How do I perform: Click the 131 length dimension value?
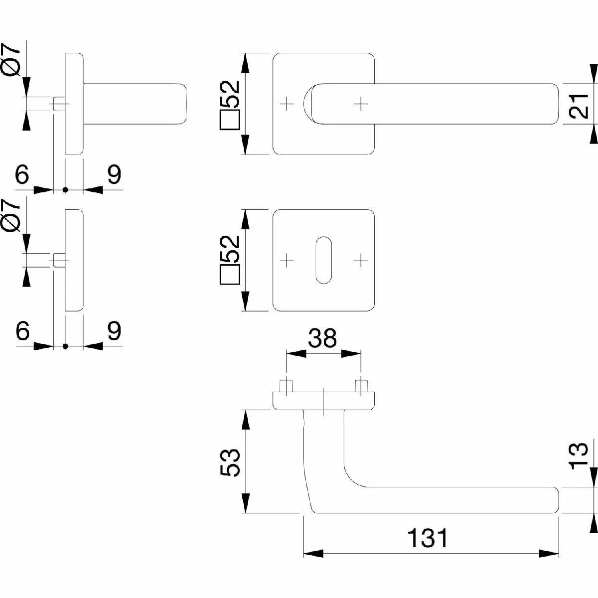[x=428, y=538]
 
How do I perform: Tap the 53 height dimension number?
[x=230, y=462]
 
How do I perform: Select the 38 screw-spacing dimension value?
[x=323, y=338]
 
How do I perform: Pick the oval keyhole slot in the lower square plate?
[x=323, y=260]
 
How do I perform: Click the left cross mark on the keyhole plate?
[x=286, y=259]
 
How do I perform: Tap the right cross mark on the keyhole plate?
[x=360, y=259]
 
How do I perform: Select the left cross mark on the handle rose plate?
[x=286, y=104]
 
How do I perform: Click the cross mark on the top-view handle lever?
[x=360, y=104]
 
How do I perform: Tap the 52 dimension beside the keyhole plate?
[x=230, y=259]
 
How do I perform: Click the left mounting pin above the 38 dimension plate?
[x=286, y=387]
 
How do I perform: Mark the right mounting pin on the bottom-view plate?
[x=360, y=387]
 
